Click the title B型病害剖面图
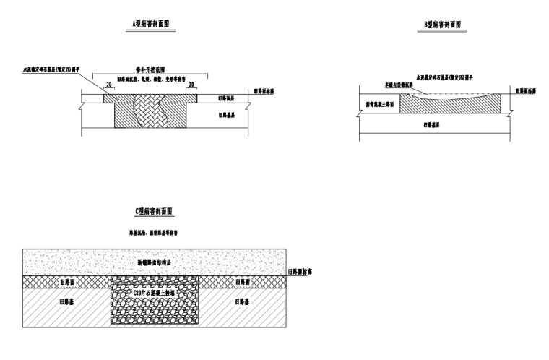point(445,25)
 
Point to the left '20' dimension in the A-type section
point(109,84)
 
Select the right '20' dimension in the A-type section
point(191,84)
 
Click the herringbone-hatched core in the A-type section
point(150,112)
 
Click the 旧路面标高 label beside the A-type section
point(265,92)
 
